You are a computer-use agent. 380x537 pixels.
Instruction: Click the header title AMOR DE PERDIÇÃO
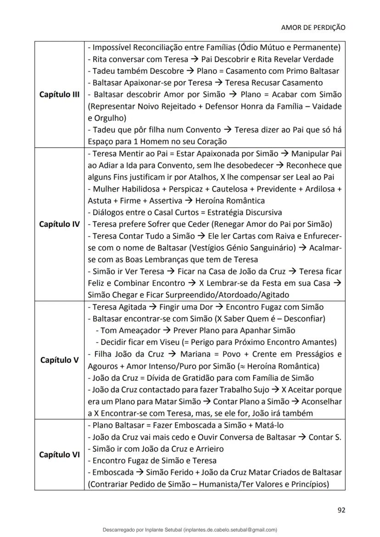click(x=313, y=27)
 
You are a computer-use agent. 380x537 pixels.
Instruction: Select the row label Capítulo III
click(x=60, y=95)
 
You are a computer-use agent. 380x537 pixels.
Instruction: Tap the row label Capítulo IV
click(x=60, y=224)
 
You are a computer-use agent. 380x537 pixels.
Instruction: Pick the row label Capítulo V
click(x=60, y=360)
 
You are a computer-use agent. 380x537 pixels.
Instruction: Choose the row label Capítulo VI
click(x=60, y=455)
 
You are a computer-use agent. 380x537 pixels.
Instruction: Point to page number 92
click(x=341, y=509)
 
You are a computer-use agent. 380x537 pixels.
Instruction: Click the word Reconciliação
click(x=155, y=48)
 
